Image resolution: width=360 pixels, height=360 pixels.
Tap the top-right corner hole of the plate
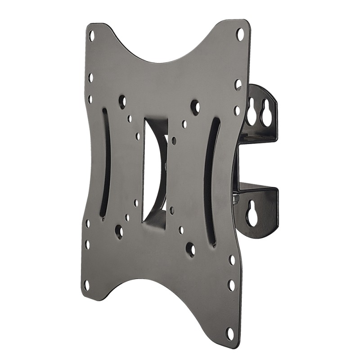[240, 33]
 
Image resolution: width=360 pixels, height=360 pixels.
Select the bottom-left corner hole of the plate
[86, 285]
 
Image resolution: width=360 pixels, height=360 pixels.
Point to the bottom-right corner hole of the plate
[230, 334]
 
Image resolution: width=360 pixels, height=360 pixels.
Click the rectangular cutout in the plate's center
[155, 171]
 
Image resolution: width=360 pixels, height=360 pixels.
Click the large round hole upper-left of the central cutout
[122, 101]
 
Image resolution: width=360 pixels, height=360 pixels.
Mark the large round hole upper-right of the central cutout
[195, 107]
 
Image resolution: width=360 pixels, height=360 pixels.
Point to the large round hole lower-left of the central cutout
[119, 232]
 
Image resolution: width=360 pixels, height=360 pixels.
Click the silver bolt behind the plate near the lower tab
[236, 197]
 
